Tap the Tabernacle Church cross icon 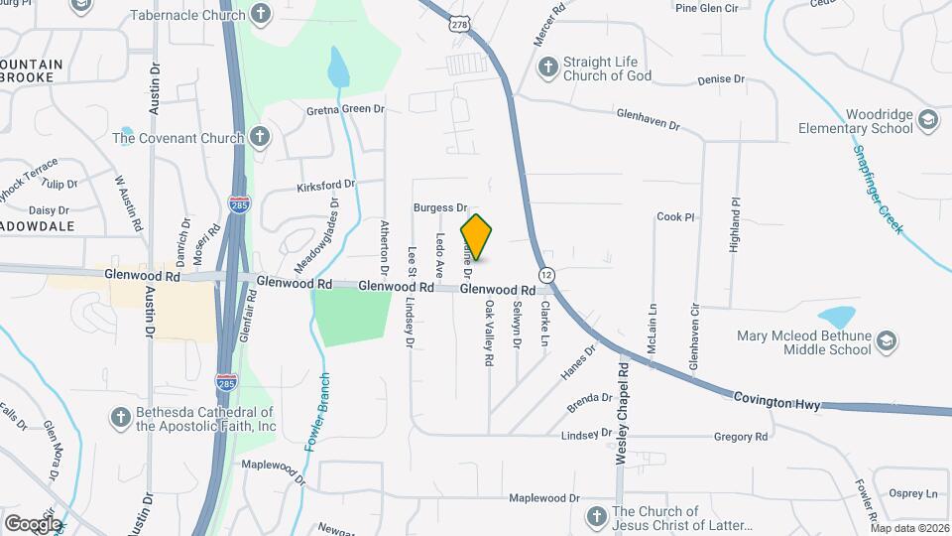[x=260, y=13]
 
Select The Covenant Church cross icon [x=260, y=138]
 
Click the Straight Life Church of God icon [x=546, y=68]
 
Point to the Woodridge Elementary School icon [x=928, y=121]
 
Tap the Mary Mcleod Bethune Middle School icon [x=887, y=342]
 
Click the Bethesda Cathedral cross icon [x=120, y=418]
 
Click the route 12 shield [x=546, y=274]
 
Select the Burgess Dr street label [x=440, y=207]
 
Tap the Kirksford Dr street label [x=325, y=186]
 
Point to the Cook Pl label [x=675, y=216]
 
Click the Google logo [x=33, y=523]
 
